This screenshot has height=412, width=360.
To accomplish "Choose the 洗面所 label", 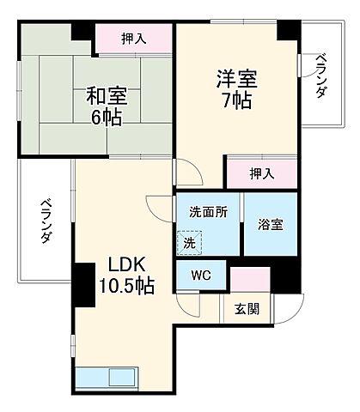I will pyautogui.click(x=208, y=213).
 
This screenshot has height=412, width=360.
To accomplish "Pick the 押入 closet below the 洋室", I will pyautogui.click(x=262, y=173).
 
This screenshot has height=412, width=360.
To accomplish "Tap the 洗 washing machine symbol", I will pyautogui.click(x=188, y=244).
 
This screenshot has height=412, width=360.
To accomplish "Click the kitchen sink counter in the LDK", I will pyautogui.click(x=106, y=378).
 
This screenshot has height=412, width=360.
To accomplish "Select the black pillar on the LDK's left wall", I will pyautogui.click(x=83, y=285).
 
